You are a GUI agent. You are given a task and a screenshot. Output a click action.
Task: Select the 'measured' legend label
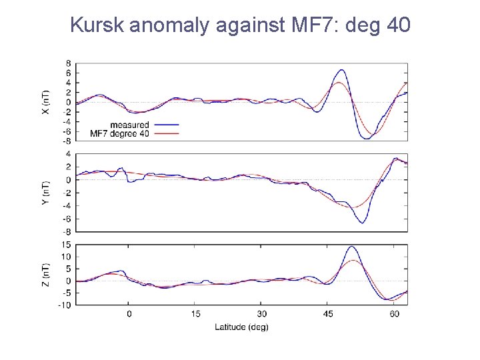129,125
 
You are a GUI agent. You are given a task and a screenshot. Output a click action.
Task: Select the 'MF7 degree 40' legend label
119,133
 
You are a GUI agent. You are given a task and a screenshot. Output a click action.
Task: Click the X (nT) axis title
45,102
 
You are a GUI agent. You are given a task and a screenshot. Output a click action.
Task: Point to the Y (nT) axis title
45,192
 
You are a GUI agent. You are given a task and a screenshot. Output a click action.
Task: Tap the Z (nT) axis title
45,275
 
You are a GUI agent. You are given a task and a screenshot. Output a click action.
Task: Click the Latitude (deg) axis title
241,327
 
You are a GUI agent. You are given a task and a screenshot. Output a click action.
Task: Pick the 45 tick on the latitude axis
328,313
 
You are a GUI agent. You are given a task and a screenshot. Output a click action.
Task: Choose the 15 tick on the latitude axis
195,313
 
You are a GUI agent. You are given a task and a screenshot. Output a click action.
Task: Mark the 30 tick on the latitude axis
261,313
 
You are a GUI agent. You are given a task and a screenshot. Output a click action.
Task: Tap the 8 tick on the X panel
69,63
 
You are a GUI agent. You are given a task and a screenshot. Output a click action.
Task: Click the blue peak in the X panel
341,69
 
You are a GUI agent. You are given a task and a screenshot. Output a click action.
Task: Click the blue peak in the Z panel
351,247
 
